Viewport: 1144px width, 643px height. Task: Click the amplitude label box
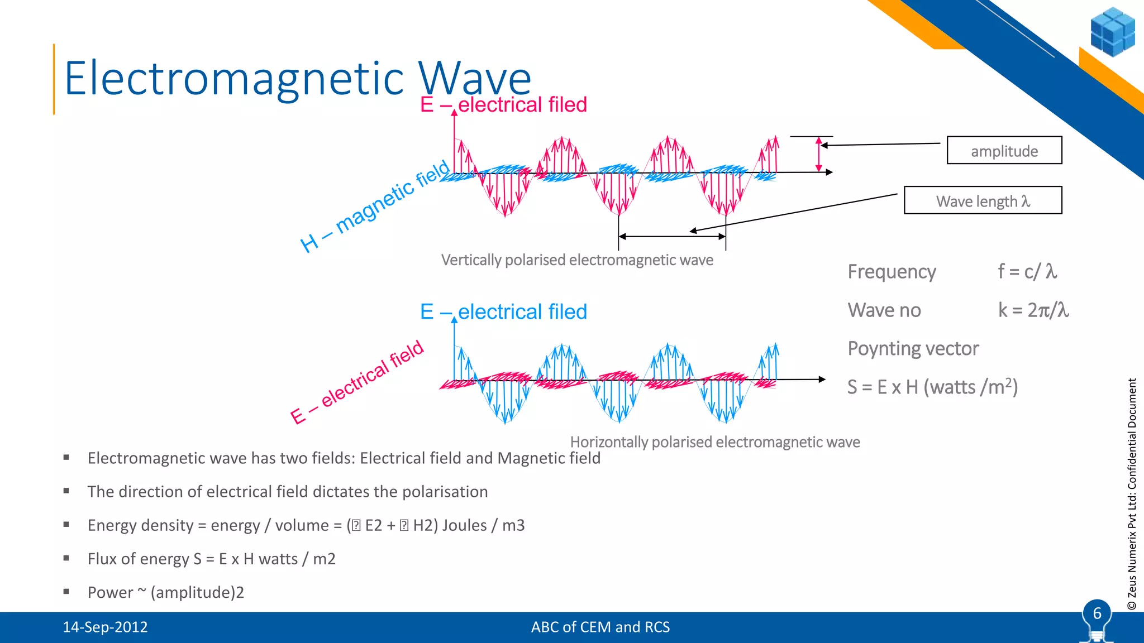1004,150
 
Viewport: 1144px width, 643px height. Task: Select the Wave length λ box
983,200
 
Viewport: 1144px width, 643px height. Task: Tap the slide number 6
1097,613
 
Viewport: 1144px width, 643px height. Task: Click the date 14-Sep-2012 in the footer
105,627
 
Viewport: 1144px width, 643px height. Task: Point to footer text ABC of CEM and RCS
600,627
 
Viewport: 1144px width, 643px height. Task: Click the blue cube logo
1112,32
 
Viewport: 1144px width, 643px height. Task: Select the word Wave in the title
475,78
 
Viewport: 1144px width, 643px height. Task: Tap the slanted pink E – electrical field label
357,382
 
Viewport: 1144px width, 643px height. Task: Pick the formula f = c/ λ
1027,271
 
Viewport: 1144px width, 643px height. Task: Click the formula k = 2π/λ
1033,310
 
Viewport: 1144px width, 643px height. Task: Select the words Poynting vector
913,348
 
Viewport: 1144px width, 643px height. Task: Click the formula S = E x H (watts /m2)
932,387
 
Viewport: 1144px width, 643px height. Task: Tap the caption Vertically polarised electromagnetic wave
577,260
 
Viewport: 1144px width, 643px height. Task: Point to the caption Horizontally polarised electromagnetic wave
714,442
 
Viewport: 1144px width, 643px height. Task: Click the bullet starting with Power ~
165,592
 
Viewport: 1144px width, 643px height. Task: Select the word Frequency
892,271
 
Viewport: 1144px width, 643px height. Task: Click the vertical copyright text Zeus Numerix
1132,494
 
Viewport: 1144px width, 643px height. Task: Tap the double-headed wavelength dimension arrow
671,237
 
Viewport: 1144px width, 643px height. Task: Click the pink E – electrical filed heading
503,104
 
